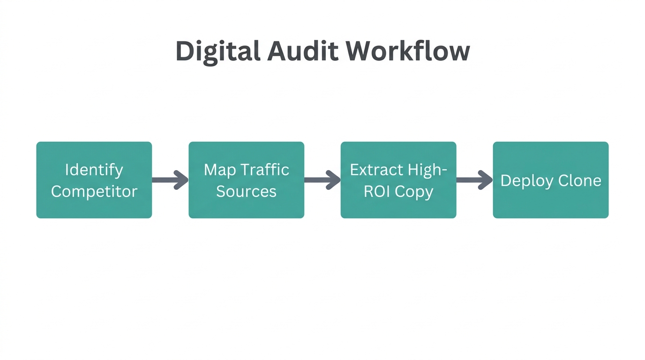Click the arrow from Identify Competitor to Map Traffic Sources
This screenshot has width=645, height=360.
(170, 180)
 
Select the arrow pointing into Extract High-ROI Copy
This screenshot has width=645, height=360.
(322, 180)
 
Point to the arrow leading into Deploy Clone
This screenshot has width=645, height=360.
(474, 180)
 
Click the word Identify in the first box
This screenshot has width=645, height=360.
(94, 170)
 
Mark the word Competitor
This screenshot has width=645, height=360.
(94, 191)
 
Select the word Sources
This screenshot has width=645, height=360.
(246, 191)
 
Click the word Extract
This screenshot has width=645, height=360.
(375, 169)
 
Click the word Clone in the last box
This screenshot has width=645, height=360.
(581, 180)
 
